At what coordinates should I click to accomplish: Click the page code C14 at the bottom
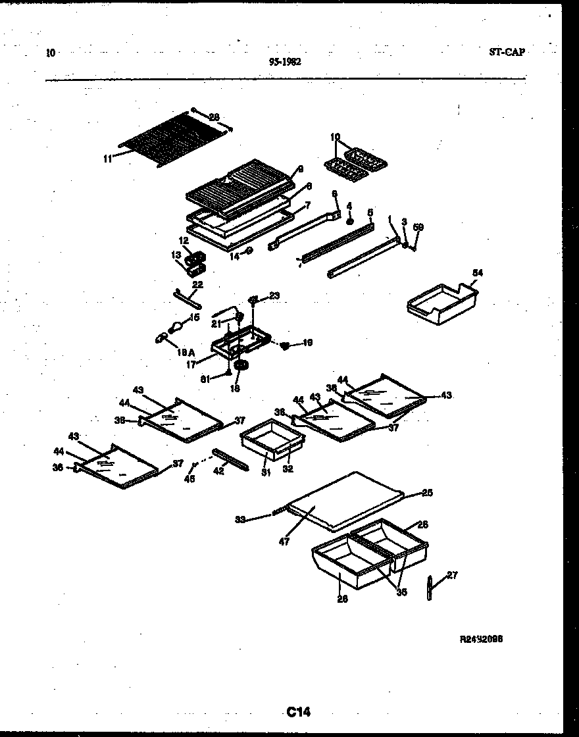tap(298, 711)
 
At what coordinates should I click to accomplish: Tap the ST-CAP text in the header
tap(507, 52)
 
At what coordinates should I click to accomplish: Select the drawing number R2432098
tap(485, 639)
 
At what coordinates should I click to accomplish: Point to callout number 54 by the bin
tap(477, 272)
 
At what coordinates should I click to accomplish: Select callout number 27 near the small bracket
tap(451, 575)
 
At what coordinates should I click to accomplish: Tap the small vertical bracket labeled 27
tap(430, 587)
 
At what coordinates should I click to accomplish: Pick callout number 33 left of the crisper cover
tap(241, 520)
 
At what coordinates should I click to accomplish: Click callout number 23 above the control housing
tap(274, 296)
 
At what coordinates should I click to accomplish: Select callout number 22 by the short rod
tap(197, 284)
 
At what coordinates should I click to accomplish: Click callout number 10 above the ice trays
tap(336, 137)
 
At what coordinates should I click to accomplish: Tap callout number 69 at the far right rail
tap(418, 227)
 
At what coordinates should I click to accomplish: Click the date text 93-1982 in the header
tap(284, 62)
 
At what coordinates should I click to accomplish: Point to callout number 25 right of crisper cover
tap(427, 492)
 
